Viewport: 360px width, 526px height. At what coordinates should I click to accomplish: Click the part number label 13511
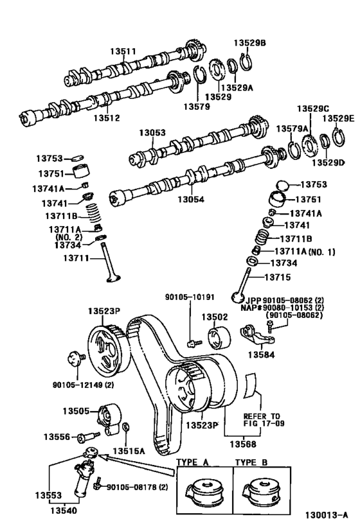[122, 51]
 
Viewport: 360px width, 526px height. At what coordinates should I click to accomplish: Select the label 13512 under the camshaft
[106, 118]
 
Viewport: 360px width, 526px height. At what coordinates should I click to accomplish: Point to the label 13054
[192, 199]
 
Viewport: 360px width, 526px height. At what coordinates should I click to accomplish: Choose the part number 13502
[216, 317]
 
